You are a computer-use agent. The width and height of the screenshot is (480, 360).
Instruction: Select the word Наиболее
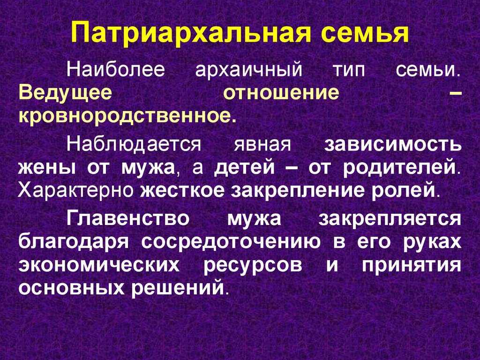[116, 69]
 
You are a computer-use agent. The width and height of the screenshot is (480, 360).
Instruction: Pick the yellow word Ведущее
[65, 94]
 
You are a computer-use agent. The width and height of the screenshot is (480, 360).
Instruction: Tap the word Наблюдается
[134, 144]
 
